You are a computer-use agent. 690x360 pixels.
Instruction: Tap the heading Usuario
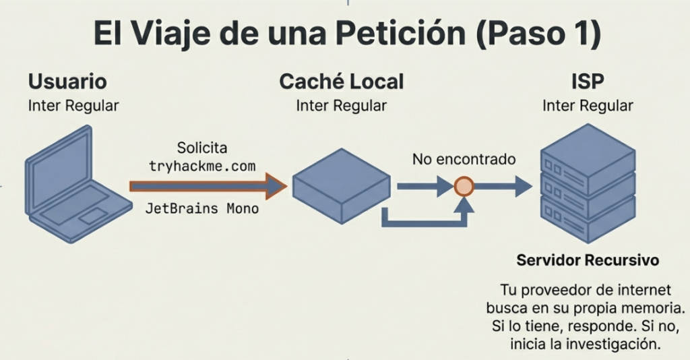pyautogui.click(x=67, y=82)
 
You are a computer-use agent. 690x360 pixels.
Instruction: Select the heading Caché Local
pyautogui.click(x=341, y=82)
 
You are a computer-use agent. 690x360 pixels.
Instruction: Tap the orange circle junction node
pyautogui.click(x=463, y=186)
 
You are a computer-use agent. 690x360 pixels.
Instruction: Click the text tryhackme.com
pyautogui.click(x=202, y=165)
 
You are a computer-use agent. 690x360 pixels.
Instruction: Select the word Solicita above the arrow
pyautogui.click(x=202, y=148)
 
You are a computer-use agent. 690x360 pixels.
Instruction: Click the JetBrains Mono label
pyautogui.click(x=202, y=208)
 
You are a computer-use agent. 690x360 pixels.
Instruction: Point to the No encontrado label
pyautogui.click(x=464, y=160)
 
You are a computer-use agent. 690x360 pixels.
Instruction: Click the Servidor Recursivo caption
pyautogui.click(x=587, y=260)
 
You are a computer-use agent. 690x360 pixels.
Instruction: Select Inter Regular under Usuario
pyautogui.click(x=73, y=106)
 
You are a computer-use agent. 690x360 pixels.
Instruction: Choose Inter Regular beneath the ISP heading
pyautogui.click(x=588, y=106)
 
